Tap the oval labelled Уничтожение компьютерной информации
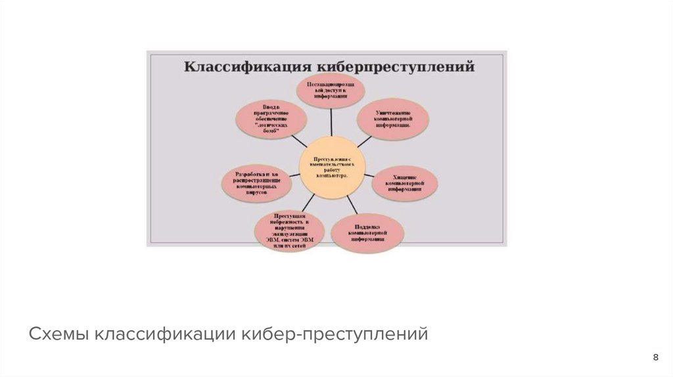[x=394, y=118]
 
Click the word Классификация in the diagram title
[x=247, y=66]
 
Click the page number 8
[x=655, y=357]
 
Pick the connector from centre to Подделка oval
[x=350, y=205]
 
